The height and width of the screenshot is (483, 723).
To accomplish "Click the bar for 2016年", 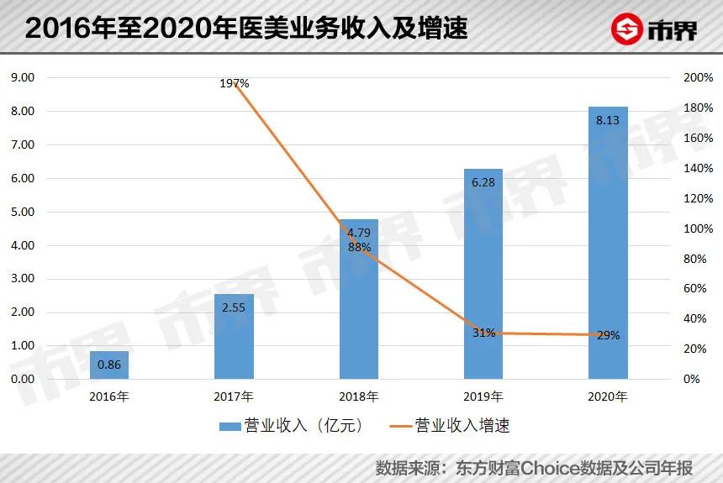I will click(109, 365).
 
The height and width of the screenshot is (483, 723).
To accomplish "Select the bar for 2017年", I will click(234, 336).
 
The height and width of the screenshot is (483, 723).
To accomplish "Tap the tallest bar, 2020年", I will click(608, 243).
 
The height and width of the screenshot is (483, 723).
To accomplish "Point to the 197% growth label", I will click(235, 83).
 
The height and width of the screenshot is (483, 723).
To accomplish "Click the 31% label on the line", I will click(483, 333).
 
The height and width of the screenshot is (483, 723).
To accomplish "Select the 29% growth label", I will click(608, 335).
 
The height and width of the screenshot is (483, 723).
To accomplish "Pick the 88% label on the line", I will click(359, 247).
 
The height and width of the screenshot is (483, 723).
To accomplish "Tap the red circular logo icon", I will click(626, 29).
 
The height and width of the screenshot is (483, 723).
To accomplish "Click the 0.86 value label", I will click(109, 365).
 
